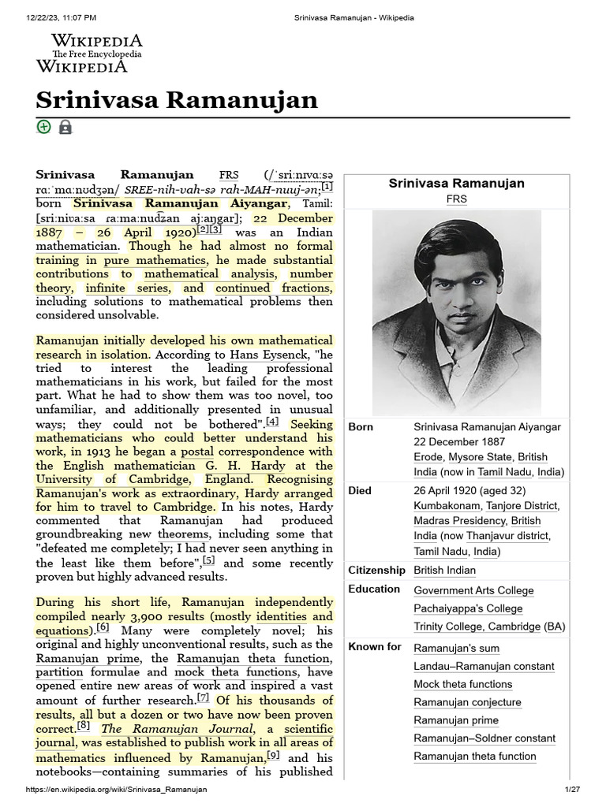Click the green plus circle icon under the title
pos(43,127)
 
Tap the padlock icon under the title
pos(65,127)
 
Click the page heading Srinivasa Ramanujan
pos(177,100)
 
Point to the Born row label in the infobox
pos(361,426)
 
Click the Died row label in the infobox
pos(360,490)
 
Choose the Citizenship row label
pos(376,570)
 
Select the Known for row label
pos(375,646)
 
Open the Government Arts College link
pos(473,590)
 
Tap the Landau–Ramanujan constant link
pos(484,666)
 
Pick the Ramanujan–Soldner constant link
pos(484,738)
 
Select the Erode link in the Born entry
pos(428,457)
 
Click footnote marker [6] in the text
pos(103,628)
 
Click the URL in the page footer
pos(117,790)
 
